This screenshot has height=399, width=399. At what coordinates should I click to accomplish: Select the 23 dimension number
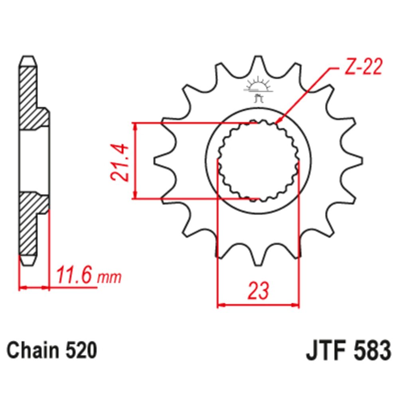(x=258, y=291)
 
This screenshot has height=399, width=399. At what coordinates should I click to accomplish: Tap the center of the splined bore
(x=258, y=161)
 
